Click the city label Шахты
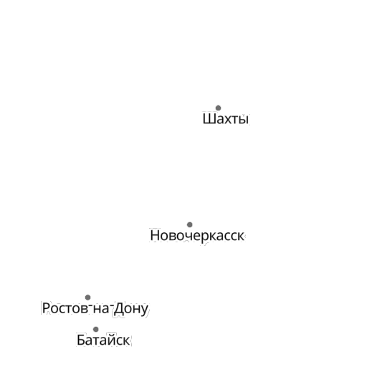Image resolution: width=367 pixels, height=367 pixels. coord(226,118)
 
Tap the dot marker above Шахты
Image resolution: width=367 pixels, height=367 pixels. coord(218,108)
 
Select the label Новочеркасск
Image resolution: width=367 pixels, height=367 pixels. coord(197,236)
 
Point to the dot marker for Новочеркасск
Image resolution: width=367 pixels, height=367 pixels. coord(190,224)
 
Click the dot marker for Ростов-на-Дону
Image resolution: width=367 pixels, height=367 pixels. coord(87,297)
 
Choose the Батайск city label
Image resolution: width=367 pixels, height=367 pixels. coord(103,340)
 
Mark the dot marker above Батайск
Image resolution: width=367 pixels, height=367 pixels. coord(96,330)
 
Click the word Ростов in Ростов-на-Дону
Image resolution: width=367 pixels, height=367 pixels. coord(65,308)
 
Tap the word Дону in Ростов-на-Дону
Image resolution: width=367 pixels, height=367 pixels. coord(131,309)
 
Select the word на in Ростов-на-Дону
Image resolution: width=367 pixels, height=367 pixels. coord(101,310)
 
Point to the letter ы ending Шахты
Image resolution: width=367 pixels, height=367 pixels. coord(244,120)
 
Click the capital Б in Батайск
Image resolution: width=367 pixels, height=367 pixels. coord(81,340)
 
